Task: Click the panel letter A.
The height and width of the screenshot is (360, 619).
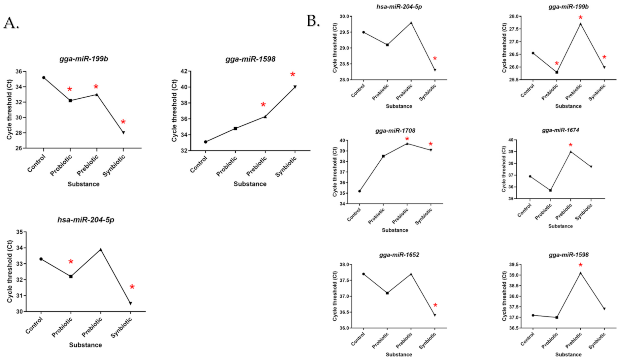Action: pyautogui.click(x=11, y=23)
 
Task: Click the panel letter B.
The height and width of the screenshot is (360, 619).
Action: pyautogui.click(x=313, y=21)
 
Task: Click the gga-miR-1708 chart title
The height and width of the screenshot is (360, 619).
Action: pyautogui.click(x=395, y=131)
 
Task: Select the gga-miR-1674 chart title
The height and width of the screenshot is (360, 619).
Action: pyautogui.click(x=560, y=130)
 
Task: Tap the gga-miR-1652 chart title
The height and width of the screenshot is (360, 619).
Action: pyautogui.click(x=399, y=255)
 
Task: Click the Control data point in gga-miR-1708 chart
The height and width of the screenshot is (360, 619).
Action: pyautogui.click(x=360, y=191)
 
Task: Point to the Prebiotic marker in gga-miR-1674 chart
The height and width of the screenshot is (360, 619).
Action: pyautogui.click(x=571, y=152)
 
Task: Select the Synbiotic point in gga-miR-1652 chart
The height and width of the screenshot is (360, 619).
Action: pyautogui.click(x=435, y=315)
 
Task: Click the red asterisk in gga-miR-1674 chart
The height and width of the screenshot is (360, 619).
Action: pyautogui.click(x=570, y=145)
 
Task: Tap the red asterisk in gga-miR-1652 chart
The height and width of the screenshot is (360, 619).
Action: pyautogui.click(x=435, y=305)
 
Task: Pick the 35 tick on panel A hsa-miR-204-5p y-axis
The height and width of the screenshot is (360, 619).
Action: pyautogui.click(x=19, y=232)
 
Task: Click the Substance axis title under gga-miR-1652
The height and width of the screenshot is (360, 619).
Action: pyautogui.click(x=399, y=354)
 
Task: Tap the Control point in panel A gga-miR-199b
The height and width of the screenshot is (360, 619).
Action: pyautogui.click(x=44, y=78)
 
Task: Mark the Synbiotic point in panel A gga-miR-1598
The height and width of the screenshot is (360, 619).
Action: pyautogui.click(x=295, y=87)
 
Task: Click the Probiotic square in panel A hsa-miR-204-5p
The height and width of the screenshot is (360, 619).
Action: pyautogui.click(x=71, y=277)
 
